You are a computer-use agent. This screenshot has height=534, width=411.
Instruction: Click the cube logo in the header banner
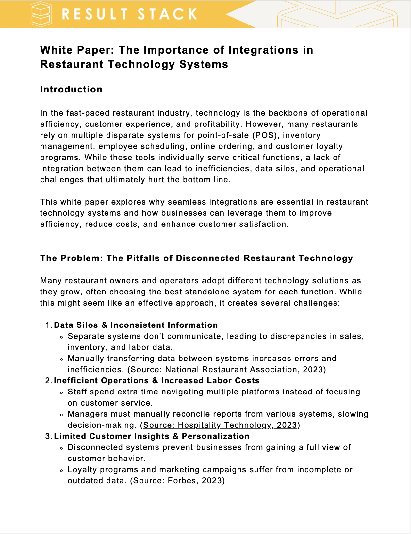41,14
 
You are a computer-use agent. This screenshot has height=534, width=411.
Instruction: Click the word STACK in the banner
167,14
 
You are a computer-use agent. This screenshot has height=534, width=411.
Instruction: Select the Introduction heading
71,89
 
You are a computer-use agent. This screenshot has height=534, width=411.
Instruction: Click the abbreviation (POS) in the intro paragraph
264,135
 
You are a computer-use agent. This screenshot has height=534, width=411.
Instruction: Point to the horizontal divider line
205,240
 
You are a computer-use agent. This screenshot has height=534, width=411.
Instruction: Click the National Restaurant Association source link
227,370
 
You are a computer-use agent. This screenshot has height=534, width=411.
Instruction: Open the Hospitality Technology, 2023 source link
220,425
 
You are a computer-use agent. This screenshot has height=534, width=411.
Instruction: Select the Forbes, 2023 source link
177,481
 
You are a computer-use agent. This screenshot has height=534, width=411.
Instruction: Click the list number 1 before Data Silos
48,325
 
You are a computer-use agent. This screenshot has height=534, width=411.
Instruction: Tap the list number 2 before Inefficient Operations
48,381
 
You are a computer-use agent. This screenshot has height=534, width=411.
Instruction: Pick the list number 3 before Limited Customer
48,436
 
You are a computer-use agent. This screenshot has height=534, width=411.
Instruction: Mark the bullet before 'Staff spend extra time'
61,393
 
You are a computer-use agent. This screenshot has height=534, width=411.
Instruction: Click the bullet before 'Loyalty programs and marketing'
61,471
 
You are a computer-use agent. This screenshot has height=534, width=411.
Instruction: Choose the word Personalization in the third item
216,436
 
